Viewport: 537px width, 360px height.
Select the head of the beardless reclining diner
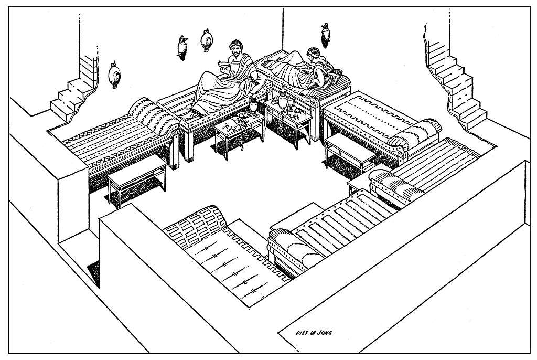pyautogui.click(x=314, y=54)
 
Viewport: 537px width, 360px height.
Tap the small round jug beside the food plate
pyautogui.click(x=253, y=105)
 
